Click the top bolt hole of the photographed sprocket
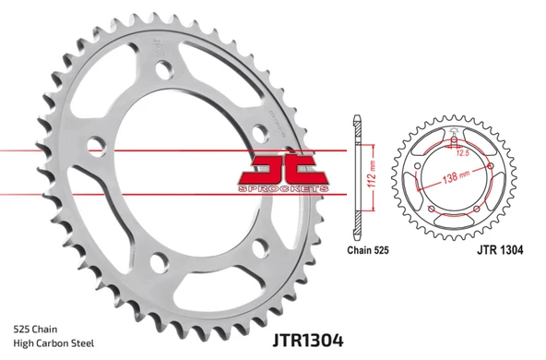click(164, 70)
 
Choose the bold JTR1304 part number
click(281, 340)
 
